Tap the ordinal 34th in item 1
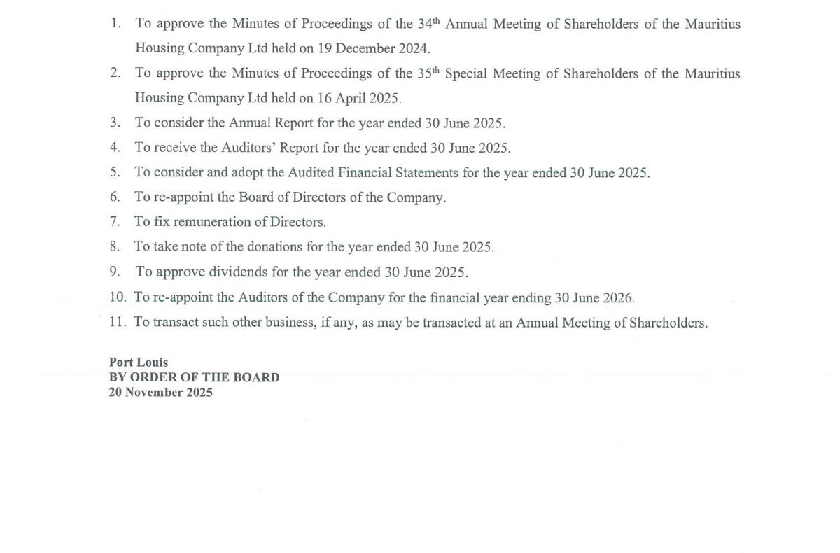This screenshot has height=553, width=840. pyautogui.click(x=428, y=23)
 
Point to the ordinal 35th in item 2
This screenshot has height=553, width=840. pyautogui.click(x=427, y=73)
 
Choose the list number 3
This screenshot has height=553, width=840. pyautogui.click(x=115, y=122)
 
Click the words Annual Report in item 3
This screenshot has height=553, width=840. pyautogui.click(x=271, y=122)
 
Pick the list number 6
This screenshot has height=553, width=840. pyautogui.click(x=115, y=197)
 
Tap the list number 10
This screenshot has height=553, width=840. pyautogui.click(x=118, y=297)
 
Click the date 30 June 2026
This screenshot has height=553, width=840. pyautogui.click(x=594, y=297)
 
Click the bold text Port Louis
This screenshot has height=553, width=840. pyautogui.click(x=139, y=363)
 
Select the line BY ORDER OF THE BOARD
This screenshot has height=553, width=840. pyautogui.click(x=194, y=377)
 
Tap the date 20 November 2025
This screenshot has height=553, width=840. pyautogui.click(x=160, y=392)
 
